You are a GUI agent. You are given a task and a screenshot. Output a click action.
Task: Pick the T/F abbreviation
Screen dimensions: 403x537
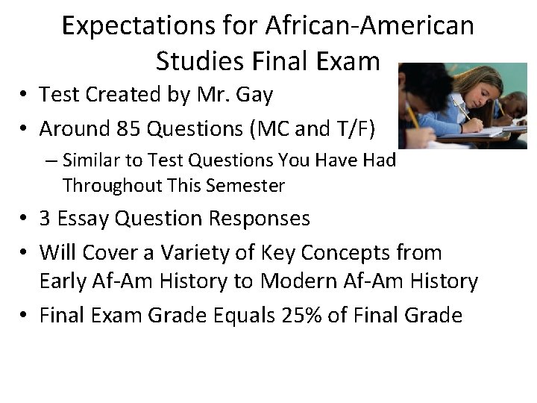pyautogui.click(x=353, y=129)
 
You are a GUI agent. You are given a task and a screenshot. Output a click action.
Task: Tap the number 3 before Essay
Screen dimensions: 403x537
pyautogui.click(x=45, y=219)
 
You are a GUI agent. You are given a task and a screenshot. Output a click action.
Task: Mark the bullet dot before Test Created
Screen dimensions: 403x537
pyautogui.click(x=25, y=96)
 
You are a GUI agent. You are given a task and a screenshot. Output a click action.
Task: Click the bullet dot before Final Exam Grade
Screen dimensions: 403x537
pyautogui.click(x=25, y=316)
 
